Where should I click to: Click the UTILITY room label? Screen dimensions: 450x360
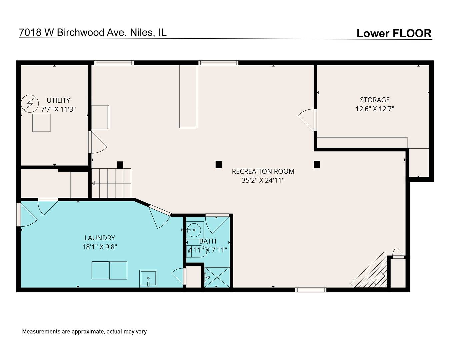pos(58,100)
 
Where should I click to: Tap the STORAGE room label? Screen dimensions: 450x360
pos(375,100)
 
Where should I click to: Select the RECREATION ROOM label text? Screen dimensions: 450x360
pos(263,171)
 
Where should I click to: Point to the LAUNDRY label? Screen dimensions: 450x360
pos(100,238)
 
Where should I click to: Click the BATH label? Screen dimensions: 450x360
pos(208,241)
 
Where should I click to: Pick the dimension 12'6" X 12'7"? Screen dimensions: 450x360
pos(375,109)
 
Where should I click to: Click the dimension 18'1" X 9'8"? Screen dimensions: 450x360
pos(100,247)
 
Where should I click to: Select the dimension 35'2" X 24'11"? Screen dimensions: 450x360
pos(263,180)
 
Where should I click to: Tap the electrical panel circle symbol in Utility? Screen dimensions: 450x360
pos(30,104)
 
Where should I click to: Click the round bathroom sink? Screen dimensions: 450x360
pos(194,230)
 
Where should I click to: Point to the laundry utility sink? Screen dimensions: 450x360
pos(148,278)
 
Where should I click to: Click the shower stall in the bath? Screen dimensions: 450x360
pos(217,277)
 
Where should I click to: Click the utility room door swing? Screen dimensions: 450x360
pos(98,142)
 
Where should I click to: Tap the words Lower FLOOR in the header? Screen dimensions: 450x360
pos(394,33)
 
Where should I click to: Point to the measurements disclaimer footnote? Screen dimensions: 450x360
pos(84,332)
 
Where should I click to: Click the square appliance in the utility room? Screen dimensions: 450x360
pos(41,123)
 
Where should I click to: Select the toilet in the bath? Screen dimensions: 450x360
pos(197,251)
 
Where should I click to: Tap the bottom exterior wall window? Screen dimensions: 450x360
pos(311,290)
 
